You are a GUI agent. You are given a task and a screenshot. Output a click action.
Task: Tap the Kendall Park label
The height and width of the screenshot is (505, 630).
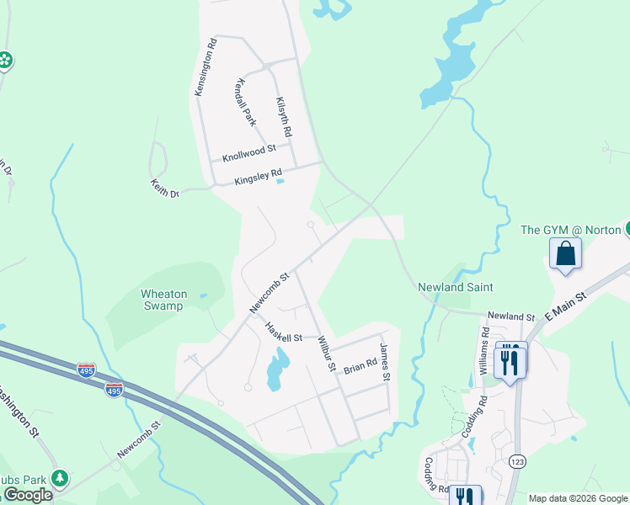(x=245, y=103)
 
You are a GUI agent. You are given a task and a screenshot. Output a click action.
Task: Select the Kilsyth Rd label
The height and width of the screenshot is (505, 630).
(x=284, y=117)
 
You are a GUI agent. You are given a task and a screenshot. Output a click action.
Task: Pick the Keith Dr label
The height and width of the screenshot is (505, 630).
(x=165, y=189)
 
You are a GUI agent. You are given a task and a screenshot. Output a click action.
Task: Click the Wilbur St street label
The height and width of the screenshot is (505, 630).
(x=326, y=354)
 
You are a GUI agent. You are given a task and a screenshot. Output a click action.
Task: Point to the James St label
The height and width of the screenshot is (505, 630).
(x=385, y=363)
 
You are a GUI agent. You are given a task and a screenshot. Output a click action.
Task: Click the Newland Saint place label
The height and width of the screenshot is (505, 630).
(x=456, y=287)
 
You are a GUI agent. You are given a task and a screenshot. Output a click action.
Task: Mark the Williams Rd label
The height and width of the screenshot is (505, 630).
(x=484, y=351)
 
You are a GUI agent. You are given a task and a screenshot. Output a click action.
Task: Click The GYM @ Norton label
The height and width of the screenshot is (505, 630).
(x=572, y=230)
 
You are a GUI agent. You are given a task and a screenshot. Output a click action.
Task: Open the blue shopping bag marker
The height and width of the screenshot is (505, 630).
(x=565, y=253)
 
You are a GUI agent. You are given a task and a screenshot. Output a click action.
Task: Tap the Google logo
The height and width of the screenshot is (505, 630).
(x=28, y=495)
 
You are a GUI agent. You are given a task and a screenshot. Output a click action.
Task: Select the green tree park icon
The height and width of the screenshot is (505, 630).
(x=60, y=479)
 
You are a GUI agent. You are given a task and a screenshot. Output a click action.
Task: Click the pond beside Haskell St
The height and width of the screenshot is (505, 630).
(x=277, y=371)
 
